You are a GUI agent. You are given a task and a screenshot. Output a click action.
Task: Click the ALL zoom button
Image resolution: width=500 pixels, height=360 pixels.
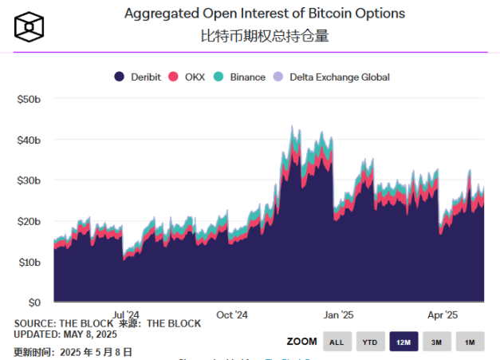pyautogui.click(x=337, y=342)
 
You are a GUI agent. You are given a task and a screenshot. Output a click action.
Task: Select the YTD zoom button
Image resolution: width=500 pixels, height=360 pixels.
pyautogui.click(x=369, y=342)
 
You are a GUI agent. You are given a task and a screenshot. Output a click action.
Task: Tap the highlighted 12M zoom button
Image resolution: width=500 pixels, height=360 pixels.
pyautogui.click(x=403, y=342)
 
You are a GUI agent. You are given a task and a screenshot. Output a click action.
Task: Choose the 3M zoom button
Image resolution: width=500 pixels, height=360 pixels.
pyautogui.click(x=435, y=342)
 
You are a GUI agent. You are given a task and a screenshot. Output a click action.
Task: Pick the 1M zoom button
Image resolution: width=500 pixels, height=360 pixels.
pyautogui.click(x=469, y=342)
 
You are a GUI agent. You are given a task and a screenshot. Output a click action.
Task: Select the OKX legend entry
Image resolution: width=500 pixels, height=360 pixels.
pyautogui.click(x=190, y=77)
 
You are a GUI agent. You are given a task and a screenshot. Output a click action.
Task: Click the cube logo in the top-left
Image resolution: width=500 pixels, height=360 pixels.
pyautogui.click(x=28, y=27)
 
